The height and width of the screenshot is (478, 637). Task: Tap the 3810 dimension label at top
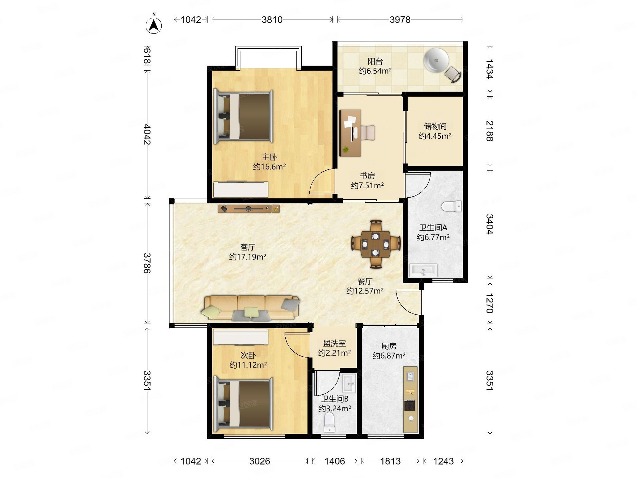click(x=272, y=20)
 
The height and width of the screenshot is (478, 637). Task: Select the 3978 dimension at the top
click(x=400, y=20)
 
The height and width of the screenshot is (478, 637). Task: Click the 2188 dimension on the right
click(x=489, y=131)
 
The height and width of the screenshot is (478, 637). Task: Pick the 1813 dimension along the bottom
click(x=390, y=461)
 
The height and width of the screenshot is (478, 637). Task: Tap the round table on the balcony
click(x=436, y=60)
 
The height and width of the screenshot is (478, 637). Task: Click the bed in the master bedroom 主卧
click(x=243, y=117)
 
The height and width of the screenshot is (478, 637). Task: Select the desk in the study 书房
click(x=350, y=133)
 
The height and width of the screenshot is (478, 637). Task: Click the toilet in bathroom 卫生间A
click(x=451, y=206)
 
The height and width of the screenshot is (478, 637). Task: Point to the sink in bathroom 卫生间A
click(x=423, y=270)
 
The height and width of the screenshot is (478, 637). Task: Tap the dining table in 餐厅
click(x=376, y=244)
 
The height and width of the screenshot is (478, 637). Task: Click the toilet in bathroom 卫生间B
click(x=329, y=422)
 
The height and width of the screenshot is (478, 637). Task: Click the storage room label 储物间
click(x=435, y=126)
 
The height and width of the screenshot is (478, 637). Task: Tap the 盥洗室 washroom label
click(x=334, y=343)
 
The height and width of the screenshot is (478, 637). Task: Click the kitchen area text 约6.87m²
click(x=389, y=356)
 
